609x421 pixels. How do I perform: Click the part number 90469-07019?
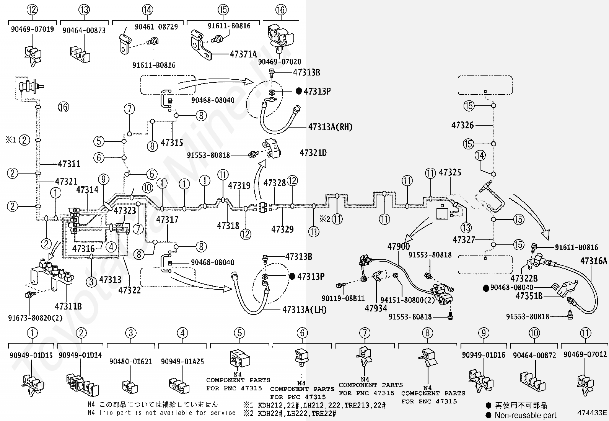pyautogui.click(x=33, y=29)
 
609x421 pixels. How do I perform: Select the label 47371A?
pyautogui.click(x=243, y=54)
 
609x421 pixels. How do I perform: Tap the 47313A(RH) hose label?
pyautogui.click(x=330, y=127)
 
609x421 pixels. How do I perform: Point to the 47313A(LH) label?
pyautogui.click(x=304, y=310)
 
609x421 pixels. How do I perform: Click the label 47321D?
pyautogui.click(x=313, y=153)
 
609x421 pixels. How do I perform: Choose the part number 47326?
pyautogui.click(x=462, y=125)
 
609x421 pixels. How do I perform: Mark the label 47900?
pyautogui.click(x=399, y=246)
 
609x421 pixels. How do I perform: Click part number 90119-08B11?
pyautogui.click(x=343, y=298)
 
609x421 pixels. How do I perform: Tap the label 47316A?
pyautogui.click(x=593, y=261)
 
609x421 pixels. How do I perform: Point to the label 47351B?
pyautogui.click(x=529, y=296)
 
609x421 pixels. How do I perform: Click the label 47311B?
pyautogui.click(x=68, y=306)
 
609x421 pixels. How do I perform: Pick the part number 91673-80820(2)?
pyautogui.click(x=35, y=318)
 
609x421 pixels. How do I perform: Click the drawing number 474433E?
pyautogui.click(x=592, y=413)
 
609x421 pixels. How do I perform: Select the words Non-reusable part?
pyautogui.click(x=526, y=415)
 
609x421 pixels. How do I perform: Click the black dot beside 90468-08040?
pyautogui.click(x=486, y=288)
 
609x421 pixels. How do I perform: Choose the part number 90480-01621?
pyautogui.click(x=131, y=361)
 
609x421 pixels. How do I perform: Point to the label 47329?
pyautogui.click(x=282, y=229)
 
